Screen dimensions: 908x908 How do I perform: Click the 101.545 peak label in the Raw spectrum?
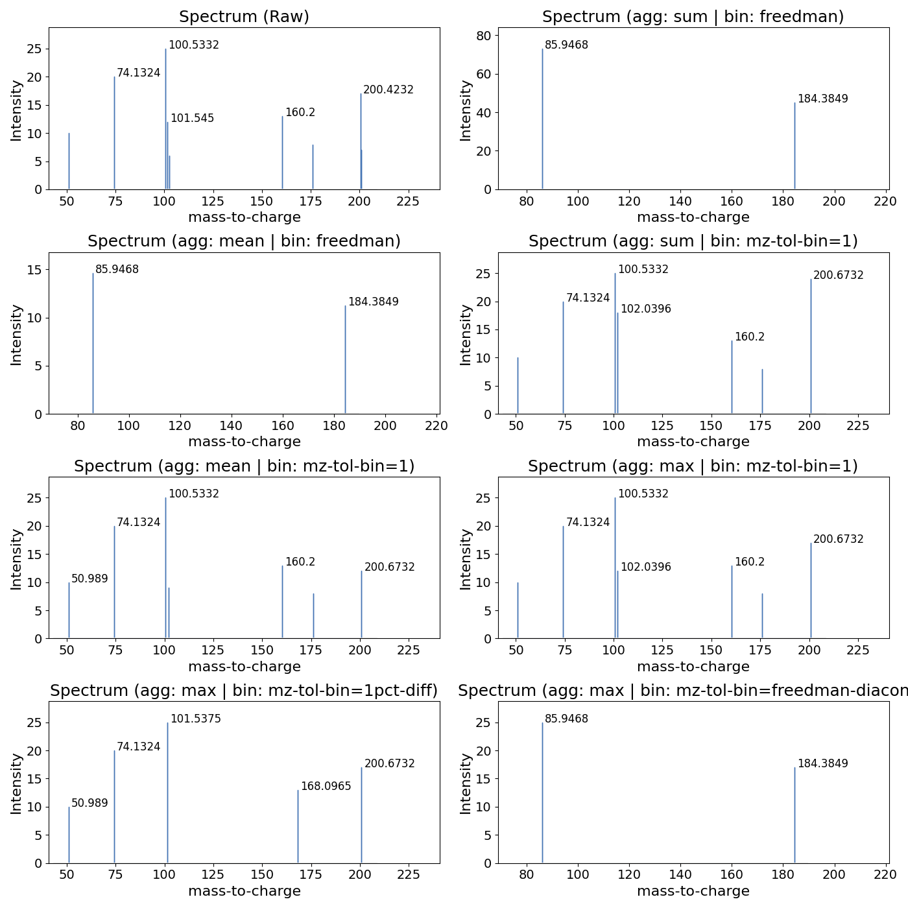(x=192, y=119)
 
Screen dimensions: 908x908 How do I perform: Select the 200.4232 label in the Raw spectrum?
(x=388, y=90)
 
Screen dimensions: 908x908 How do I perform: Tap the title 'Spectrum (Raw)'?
(x=244, y=17)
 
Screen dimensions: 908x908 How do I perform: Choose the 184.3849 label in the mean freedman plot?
(x=373, y=302)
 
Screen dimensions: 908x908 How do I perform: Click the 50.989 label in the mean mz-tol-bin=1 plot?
(x=90, y=579)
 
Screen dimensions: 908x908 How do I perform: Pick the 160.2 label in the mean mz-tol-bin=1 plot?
(x=300, y=562)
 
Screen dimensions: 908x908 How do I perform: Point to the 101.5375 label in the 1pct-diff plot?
(x=195, y=719)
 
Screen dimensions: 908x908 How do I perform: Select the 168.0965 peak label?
(x=326, y=787)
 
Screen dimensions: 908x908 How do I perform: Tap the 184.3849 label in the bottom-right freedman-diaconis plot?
(x=822, y=764)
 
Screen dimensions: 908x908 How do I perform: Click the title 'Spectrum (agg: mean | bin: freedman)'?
(x=244, y=241)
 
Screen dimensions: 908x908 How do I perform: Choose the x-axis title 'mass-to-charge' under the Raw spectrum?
(x=244, y=217)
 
